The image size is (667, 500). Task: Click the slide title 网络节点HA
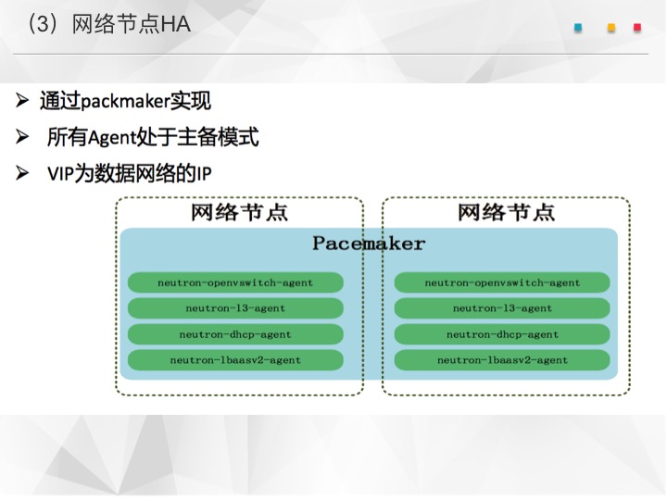coord(131,24)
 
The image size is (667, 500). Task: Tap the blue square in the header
coord(578,28)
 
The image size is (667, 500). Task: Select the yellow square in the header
coord(611,28)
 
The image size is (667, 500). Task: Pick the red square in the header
coord(637,28)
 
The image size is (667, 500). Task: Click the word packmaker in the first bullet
coord(125,102)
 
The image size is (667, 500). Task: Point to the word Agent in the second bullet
coord(111,138)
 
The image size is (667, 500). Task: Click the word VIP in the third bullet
coord(60,173)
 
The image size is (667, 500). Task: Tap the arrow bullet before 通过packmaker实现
coord(22,100)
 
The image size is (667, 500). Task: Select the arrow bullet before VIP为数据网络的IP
coord(22,173)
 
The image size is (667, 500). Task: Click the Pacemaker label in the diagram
coord(369,244)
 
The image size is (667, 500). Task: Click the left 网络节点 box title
coord(240,212)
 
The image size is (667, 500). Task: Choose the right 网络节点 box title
coord(506,212)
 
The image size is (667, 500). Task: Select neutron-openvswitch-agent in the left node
coord(235,282)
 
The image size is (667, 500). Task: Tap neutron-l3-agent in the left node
coord(235,308)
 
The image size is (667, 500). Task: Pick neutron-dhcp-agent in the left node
coord(235,334)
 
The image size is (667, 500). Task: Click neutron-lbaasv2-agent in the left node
coord(235,360)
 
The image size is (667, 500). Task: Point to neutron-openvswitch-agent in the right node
coord(502,282)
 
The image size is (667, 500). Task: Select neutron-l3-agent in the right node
coord(502,308)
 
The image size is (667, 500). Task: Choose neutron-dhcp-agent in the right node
coord(502,334)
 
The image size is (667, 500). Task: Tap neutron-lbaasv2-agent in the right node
coord(502,360)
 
